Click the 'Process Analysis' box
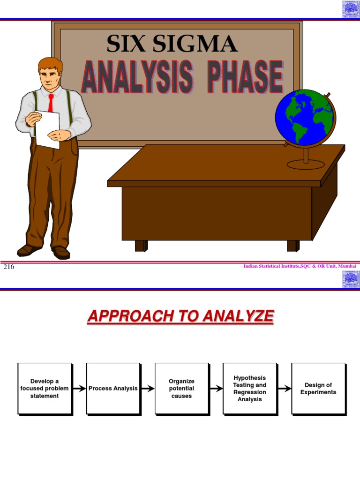tap(113, 389)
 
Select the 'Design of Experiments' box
tap(318, 389)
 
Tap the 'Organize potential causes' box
tap(181, 389)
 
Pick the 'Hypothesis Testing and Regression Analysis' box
tap(250, 389)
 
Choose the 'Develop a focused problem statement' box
tap(45, 389)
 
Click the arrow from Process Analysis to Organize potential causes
tap(147, 389)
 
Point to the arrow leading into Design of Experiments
tap(284, 389)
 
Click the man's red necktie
tap(51, 103)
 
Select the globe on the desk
tap(305, 118)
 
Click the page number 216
tap(9, 267)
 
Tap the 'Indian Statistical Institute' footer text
tap(300, 266)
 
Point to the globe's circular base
tap(306, 164)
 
